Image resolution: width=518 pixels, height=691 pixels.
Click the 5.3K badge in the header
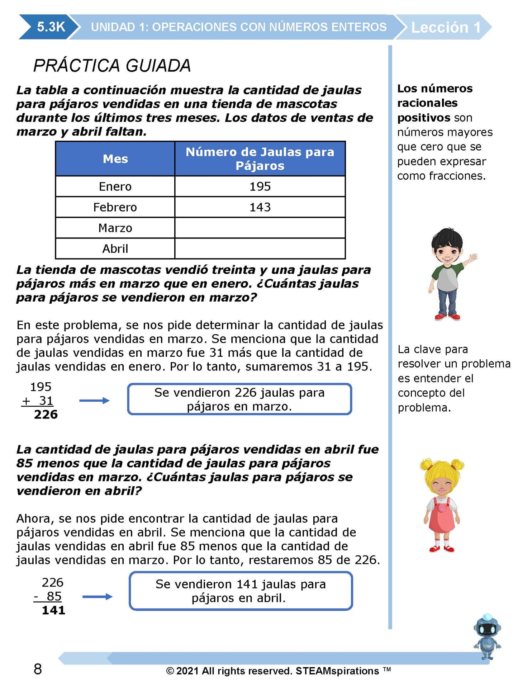click(51, 27)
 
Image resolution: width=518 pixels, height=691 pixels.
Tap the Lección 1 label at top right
click(446, 27)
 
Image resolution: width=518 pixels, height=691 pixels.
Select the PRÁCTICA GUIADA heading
click(112, 66)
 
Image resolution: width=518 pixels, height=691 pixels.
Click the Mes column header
click(115, 158)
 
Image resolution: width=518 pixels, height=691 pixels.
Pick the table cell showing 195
click(260, 186)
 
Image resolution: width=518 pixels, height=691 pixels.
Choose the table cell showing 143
click(260, 207)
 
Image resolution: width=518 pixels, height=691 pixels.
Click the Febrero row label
click(115, 207)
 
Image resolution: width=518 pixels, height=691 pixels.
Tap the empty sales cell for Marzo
click(260, 228)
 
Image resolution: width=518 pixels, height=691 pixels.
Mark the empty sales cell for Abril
click(260, 249)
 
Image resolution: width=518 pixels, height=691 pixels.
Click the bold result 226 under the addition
click(46, 415)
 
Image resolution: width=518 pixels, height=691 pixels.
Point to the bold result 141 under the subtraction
click(53, 610)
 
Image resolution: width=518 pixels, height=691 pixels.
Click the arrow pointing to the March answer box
click(94, 401)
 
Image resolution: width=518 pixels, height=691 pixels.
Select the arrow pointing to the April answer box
click(97, 596)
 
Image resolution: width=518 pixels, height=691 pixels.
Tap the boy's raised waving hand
click(473, 257)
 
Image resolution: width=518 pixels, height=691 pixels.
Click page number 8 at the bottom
click(38, 669)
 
